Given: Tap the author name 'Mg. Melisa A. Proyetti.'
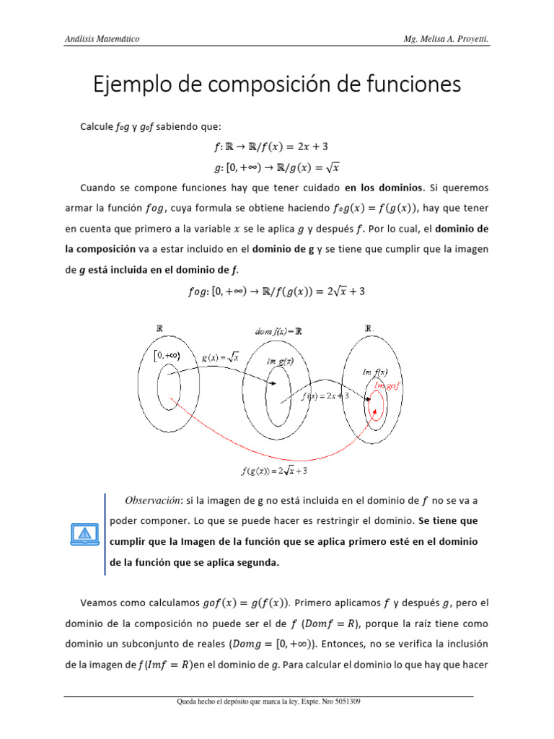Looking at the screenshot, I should (447, 37).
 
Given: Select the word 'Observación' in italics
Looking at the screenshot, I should (153, 499).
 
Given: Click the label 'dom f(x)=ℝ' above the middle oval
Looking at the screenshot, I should (278, 331).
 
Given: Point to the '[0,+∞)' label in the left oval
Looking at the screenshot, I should (167, 354).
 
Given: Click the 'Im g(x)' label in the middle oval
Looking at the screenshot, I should (278, 360).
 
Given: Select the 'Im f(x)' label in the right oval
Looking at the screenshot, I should (375, 371).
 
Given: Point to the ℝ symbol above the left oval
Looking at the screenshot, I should (160, 328).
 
